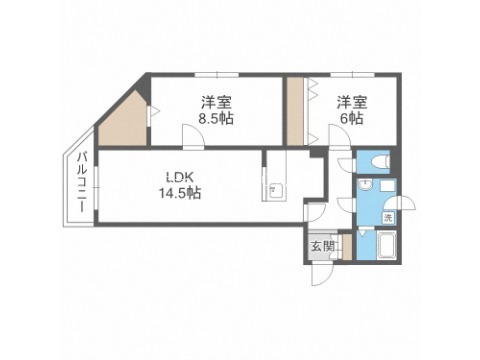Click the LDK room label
tap(180, 178)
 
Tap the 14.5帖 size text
tap(180, 193)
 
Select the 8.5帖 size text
tap(216, 119)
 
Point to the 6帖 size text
tap(352, 119)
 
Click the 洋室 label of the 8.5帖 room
tap(216, 103)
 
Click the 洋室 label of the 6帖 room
tap(352, 103)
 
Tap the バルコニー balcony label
tap(82, 182)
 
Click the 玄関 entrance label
tap(323, 247)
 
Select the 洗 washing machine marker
tap(388, 218)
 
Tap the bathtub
tap(386, 245)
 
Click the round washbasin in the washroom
tap(366, 184)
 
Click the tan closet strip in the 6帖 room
tap(295, 111)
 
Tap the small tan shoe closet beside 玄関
tap(347, 247)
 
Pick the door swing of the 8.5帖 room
tap(193, 135)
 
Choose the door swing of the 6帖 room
tap(340, 135)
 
